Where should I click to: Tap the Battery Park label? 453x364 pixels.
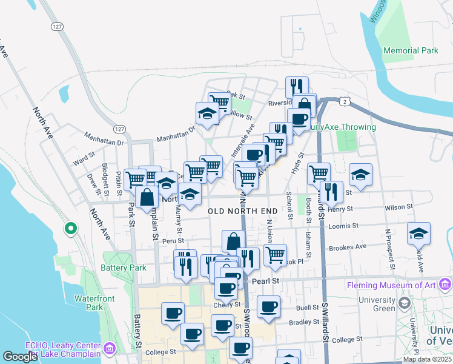click(124, 268)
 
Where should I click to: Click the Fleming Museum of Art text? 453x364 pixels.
click(392, 285)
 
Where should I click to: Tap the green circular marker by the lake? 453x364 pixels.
click(71, 229)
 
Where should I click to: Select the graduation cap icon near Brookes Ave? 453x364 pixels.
click(418, 234)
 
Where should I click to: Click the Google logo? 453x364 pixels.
click(20, 357)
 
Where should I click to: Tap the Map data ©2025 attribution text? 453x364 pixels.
click(428, 359)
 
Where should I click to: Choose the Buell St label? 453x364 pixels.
click(307, 308)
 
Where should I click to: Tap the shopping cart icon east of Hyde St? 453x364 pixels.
click(318, 174)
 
